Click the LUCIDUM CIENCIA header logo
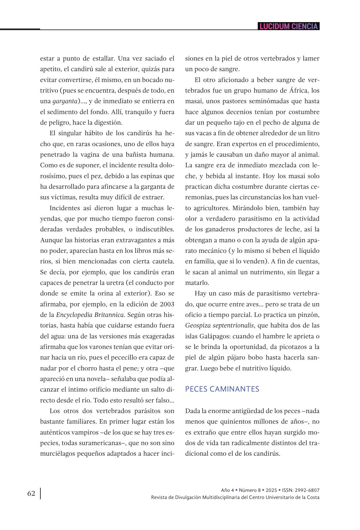289,26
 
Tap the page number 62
31,493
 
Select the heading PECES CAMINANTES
222,389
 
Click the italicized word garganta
65,101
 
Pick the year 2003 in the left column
167,304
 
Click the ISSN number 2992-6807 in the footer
308,490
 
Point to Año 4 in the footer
228,490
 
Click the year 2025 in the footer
271,490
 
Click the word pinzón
310,315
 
